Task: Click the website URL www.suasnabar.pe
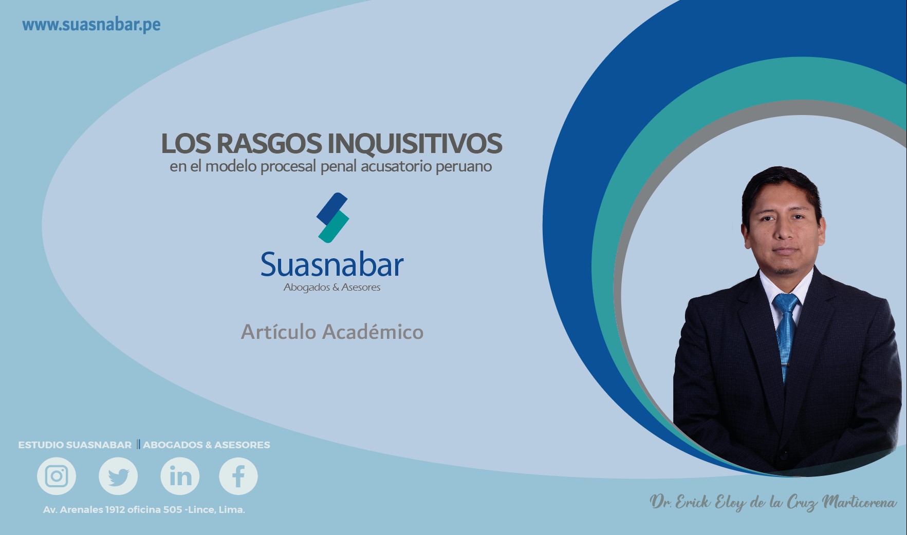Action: [91, 25]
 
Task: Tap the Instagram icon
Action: [57, 476]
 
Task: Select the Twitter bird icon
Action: [118, 476]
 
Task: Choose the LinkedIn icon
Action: [180, 476]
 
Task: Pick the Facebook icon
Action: [238, 476]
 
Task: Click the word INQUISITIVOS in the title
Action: [415, 143]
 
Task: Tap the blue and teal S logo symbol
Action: [332, 218]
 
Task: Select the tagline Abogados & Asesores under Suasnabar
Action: [332, 288]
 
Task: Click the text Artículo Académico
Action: [332, 332]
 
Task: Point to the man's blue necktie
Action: [786, 334]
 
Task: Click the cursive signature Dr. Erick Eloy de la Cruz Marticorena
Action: [773, 503]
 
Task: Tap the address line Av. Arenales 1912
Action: [144, 510]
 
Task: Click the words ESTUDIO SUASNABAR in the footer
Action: [75, 445]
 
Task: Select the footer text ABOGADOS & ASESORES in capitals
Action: [207, 445]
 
